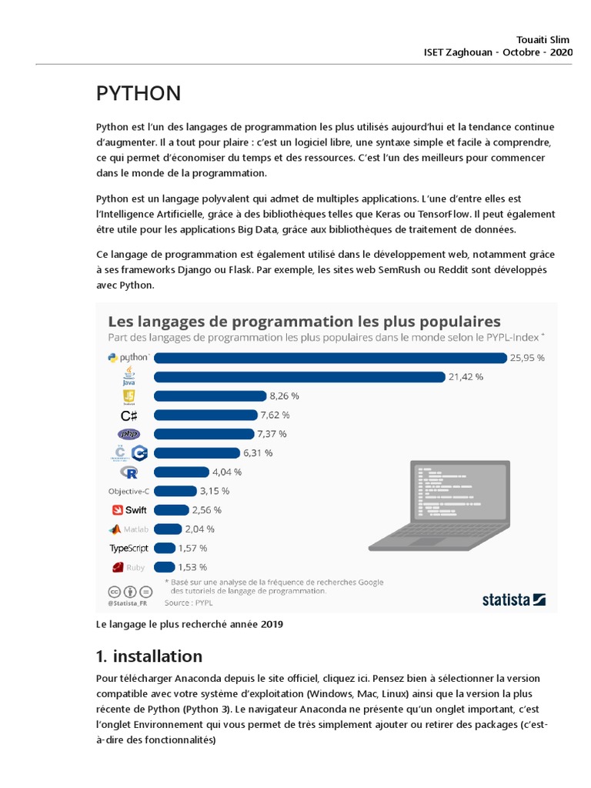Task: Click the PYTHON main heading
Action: pos(139,93)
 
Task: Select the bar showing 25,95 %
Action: pos(331,357)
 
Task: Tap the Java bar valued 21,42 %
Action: pos(299,376)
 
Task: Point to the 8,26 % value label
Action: pos(284,396)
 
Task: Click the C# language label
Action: pos(129,415)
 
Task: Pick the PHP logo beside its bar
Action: pos(129,434)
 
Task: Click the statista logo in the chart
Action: pos(514,599)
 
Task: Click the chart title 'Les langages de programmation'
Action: pos(304,320)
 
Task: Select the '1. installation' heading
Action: pos(149,656)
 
